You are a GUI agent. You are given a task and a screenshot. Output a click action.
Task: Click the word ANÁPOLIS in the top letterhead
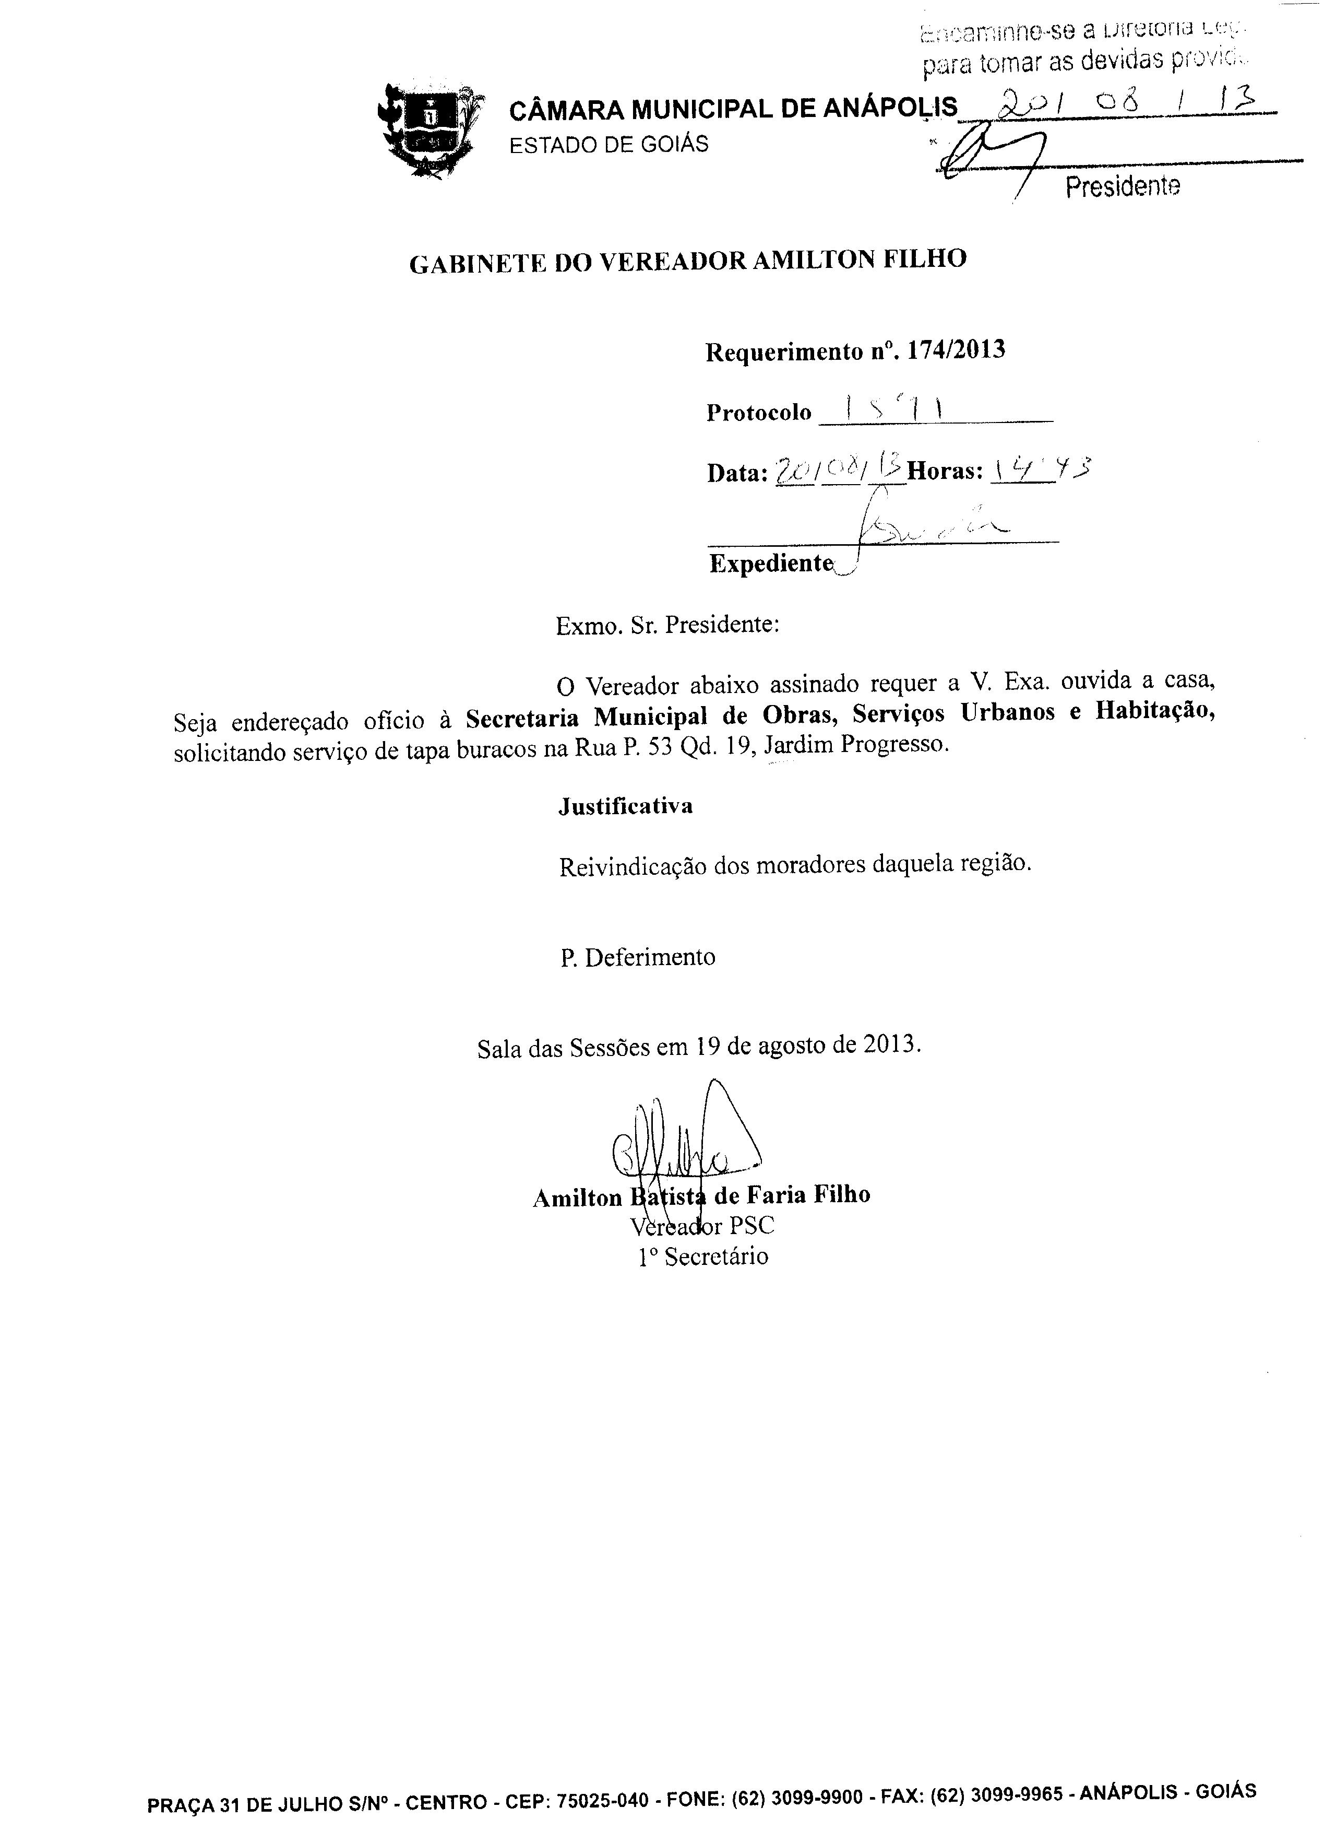890,108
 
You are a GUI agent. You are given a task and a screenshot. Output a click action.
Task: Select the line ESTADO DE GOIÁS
608,144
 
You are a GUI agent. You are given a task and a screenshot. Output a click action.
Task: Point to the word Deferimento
649,957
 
